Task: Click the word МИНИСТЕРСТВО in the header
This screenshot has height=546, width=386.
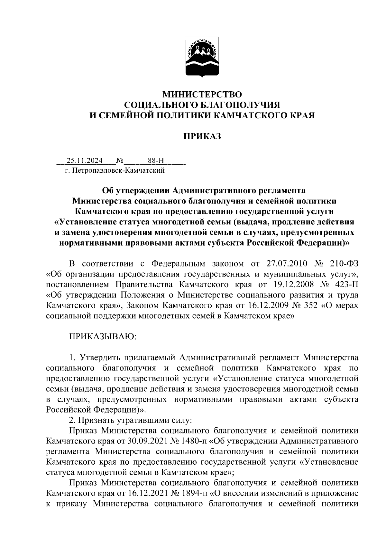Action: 202,95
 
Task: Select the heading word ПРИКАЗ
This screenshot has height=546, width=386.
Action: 202,136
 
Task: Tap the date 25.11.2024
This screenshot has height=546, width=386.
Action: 85,160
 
